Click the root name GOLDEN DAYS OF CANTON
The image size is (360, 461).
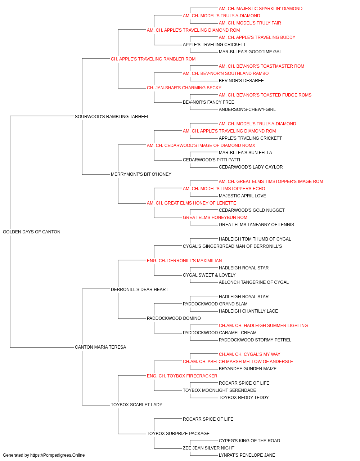pyautogui.click(x=32, y=232)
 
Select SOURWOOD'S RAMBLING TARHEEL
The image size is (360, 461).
pyautogui.click(x=112, y=117)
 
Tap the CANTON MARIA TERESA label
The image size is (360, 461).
pyautogui.click(x=100, y=347)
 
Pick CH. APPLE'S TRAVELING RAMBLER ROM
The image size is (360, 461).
pyautogui.click(x=153, y=59)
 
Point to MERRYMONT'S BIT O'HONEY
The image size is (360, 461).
pyautogui.click(x=141, y=174)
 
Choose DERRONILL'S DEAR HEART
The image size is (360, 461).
pyautogui.click(x=140, y=290)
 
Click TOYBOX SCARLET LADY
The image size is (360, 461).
pyautogui.click(x=136, y=405)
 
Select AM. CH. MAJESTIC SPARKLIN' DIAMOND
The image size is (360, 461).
pyautogui.click(x=261, y=9)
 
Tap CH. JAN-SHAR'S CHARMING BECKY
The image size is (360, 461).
pyautogui.click(x=184, y=88)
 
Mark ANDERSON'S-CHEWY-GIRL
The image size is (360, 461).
pyautogui.click(x=247, y=109)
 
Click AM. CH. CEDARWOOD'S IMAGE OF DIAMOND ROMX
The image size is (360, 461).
pyautogui.click(x=201, y=146)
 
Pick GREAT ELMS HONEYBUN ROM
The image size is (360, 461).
pyautogui.click(x=215, y=218)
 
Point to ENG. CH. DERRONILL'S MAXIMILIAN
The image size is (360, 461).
pyautogui.click(x=184, y=261)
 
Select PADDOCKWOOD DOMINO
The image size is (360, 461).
pyautogui.click(x=174, y=318)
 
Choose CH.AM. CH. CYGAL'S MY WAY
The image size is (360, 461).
pyautogui.click(x=249, y=354)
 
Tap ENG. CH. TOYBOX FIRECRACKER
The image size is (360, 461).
pyautogui.click(x=182, y=376)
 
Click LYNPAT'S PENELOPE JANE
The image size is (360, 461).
pyautogui.click(x=247, y=455)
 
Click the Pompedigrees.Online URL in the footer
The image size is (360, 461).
pyautogui.click(x=58, y=455)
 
